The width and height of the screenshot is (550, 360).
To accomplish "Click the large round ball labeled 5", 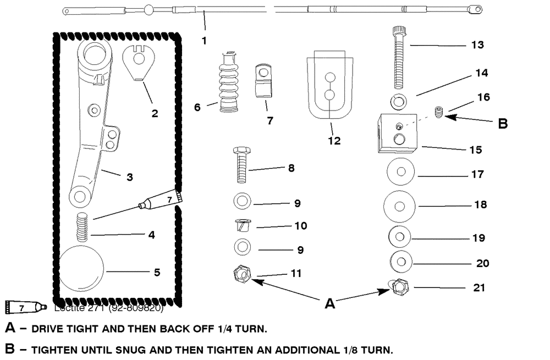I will pos(82,271).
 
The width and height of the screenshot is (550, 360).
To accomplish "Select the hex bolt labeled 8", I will pos(241,165).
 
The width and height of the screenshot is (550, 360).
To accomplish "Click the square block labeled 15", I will pos(397,132).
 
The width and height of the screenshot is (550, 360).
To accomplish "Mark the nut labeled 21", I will pos(399,288).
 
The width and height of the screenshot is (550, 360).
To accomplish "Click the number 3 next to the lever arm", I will pos(130,177).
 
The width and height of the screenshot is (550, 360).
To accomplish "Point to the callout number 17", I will pos(478,174).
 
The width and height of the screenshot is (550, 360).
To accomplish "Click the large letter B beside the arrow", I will pos(502,123).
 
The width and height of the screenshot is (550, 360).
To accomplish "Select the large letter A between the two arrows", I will pos(329,303).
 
